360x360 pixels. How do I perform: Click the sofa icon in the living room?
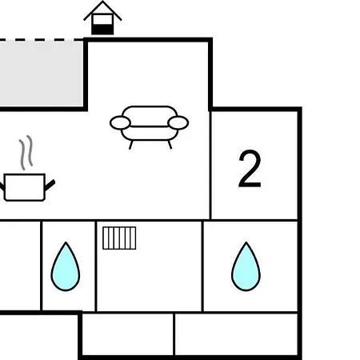(149, 127)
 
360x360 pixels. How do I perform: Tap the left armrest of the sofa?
(120, 123)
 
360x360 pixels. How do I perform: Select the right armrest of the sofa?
(178, 123)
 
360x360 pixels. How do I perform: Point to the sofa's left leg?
(130, 145)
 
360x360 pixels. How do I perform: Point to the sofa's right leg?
(170, 145)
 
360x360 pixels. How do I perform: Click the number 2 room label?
(250, 169)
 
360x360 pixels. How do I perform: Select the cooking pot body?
(25, 187)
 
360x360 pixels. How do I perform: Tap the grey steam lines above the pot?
(26, 153)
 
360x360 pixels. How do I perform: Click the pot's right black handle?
(50, 185)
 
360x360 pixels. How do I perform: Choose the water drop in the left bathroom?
(66, 266)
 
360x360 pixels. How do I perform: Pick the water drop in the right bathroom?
(246, 266)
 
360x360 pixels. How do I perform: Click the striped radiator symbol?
(119, 238)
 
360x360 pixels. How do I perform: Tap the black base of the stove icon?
(102, 30)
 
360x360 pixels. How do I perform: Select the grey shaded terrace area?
(42, 74)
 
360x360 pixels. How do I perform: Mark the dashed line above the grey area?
(42, 40)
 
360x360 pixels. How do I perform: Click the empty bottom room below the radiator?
(127, 334)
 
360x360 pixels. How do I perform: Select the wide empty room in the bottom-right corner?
(236, 334)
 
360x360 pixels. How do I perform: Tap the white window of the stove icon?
(102, 19)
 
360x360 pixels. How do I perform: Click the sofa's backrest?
(150, 116)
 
